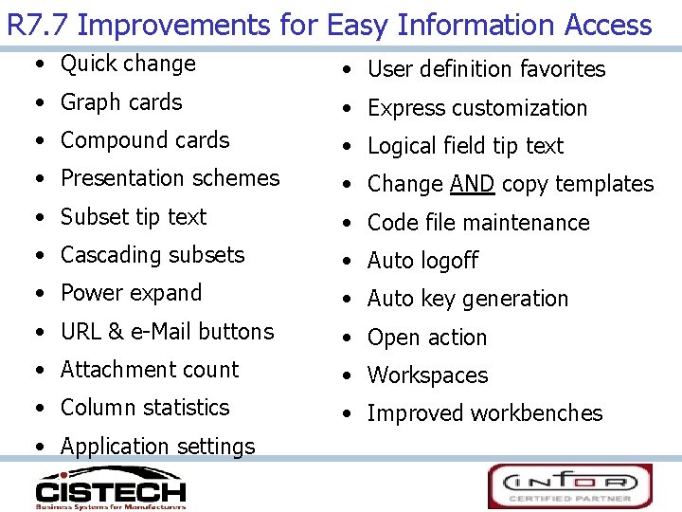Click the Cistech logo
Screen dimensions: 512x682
click(x=110, y=487)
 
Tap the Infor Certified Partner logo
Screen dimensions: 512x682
click(x=569, y=485)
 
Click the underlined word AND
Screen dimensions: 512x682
click(x=472, y=184)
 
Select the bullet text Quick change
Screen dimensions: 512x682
click(x=128, y=64)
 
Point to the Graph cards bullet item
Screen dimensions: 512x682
click(x=121, y=102)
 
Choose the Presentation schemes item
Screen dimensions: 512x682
click(x=170, y=178)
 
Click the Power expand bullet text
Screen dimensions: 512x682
click(x=131, y=293)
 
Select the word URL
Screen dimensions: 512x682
click(x=81, y=332)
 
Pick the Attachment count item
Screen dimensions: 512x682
click(x=150, y=370)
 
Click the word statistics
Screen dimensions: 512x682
click(x=185, y=408)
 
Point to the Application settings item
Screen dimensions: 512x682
click(x=157, y=446)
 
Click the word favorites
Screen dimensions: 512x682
click(x=561, y=69)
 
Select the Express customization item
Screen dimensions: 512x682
click(x=477, y=108)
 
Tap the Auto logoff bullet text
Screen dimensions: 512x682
click(x=422, y=261)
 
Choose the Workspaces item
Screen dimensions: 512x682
click(x=427, y=375)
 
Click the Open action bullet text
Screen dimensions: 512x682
click(x=426, y=338)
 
